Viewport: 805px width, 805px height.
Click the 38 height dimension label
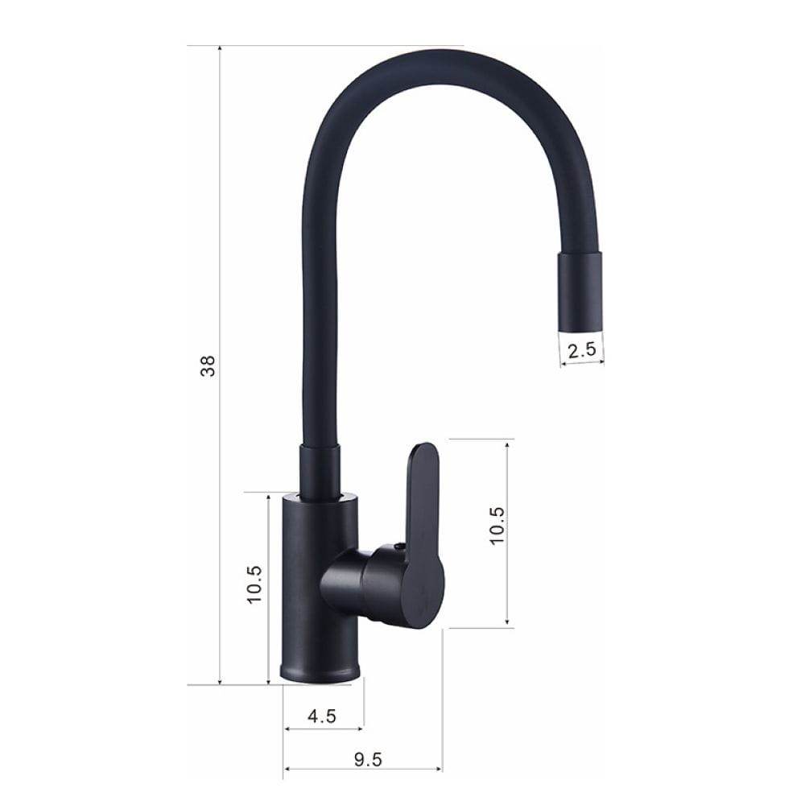coord(208,366)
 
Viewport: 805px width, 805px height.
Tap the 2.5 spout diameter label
coord(582,349)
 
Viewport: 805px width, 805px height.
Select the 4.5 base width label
coord(322,716)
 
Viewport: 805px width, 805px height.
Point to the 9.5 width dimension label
coord(368,759)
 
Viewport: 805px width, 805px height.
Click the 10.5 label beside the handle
coord(497,526)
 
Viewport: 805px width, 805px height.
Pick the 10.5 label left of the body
coord(254,584)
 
